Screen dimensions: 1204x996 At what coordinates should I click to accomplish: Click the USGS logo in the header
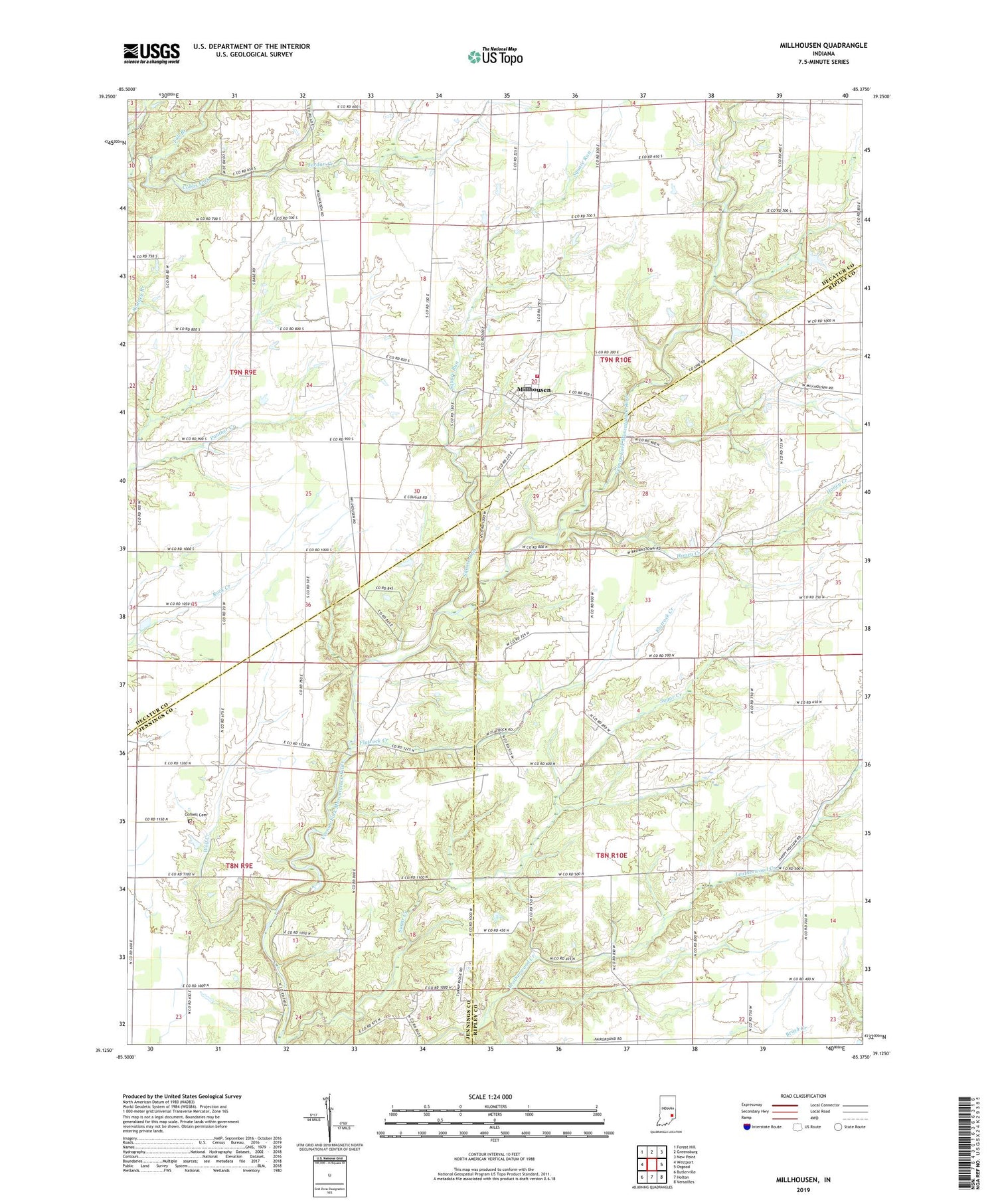[x=151, y=53]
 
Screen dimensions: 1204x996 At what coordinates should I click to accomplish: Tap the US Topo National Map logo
[x=495, y=57]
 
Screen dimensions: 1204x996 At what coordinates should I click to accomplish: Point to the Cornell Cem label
[x=196, y=815]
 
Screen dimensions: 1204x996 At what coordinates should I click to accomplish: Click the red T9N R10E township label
[x=616, y=359]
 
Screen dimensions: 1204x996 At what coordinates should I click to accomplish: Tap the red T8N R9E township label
[x=238, y=866]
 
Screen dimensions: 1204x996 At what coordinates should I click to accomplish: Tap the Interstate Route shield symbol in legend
[x=747, y=1127]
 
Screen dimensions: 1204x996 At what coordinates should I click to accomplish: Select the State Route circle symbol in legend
[x=839, y=1127]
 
